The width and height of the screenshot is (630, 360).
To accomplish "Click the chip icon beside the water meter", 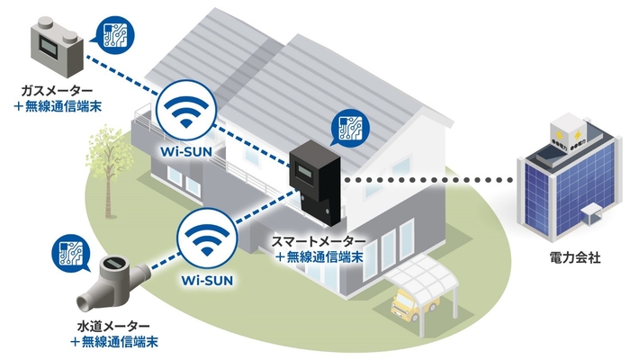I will [x=68, y=254].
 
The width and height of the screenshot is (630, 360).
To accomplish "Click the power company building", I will [x=568, y=180].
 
